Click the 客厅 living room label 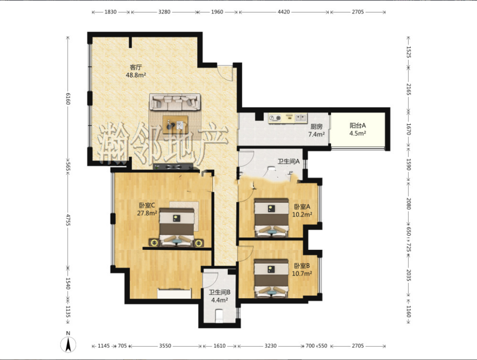click(136, 67)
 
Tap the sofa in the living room click(175, 102)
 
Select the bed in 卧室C click(177, 227)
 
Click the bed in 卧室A click(272, 218)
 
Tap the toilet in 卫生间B click(219, 316)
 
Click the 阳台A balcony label click(358, 125)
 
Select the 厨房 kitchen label click(317, 126)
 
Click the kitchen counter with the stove click(287, 118)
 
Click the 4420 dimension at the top click(284, 12)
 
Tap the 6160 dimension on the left click(68, 98)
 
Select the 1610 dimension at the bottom click(219, 346)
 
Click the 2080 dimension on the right click(409, 204)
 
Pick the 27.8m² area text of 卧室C click(147, 213)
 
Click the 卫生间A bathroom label click(288, 161)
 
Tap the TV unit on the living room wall click(173, 167)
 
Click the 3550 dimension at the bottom click(165, 346)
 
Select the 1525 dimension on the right click(409, 52)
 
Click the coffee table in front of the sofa click(176, 124)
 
